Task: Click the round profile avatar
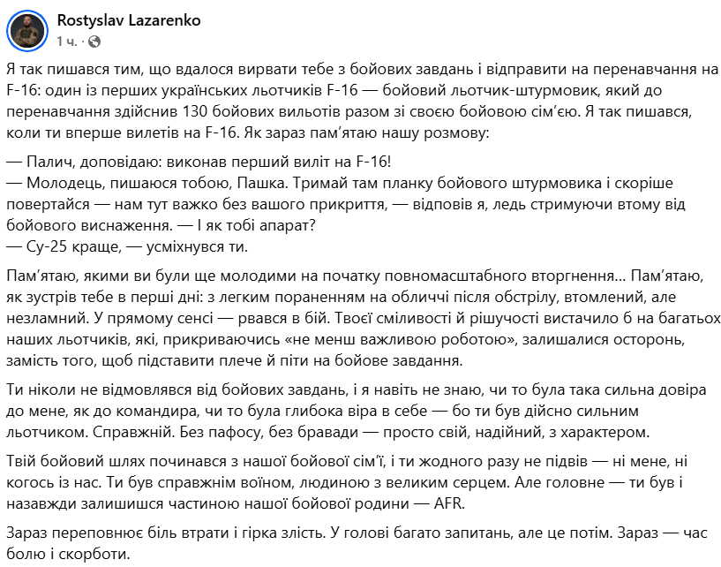point(28,30)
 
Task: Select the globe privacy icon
point(94,41)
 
